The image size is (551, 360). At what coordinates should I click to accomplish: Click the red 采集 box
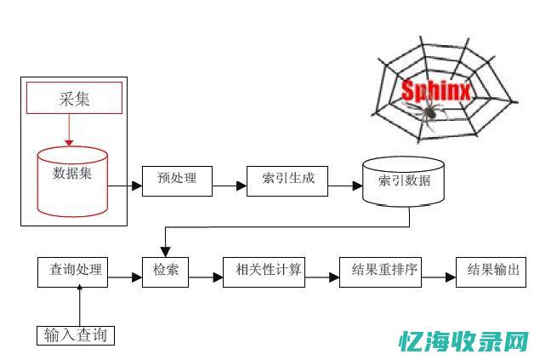point(74,98)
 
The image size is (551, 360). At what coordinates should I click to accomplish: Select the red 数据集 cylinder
point(71,180)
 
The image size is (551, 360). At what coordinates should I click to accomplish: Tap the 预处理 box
point(176,179)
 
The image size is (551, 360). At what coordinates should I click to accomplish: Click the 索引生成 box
point(287,179)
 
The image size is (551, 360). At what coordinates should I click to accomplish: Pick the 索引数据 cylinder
point(403,181)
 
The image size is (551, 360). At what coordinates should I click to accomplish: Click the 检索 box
point(165,271)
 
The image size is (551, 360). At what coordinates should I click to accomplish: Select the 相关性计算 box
point(263,271)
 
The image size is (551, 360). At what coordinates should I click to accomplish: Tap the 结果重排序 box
point(380,271)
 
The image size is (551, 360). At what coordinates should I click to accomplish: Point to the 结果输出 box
point(491,271)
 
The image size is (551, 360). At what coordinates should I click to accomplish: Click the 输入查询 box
point(76,334)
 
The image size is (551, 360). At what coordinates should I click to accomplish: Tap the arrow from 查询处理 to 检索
point(126,277)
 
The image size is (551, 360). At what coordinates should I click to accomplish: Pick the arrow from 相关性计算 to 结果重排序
point(321,277)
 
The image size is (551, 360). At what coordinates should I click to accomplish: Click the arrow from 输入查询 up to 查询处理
point(80,306)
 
